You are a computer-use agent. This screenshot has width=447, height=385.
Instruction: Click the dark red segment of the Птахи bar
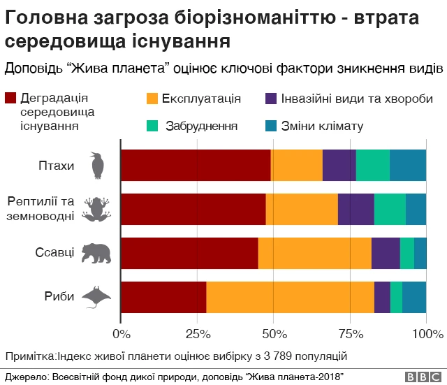[196, 166]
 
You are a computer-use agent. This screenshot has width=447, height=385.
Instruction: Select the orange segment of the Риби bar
[290, 297]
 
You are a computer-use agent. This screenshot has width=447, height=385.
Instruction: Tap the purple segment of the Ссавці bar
[386, 253]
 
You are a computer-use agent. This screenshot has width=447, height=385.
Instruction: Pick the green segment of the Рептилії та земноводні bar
[390, 209]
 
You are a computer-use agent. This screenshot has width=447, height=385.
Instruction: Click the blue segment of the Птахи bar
[408, 166]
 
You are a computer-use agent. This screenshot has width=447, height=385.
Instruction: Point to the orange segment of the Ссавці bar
[314, 253]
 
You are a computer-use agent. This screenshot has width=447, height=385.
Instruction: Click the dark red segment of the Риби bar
[163, 297]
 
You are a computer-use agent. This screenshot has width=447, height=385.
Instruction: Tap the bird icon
[98, 166]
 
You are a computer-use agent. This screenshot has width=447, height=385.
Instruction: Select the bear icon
[96, 253]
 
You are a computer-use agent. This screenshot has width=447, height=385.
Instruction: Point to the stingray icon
[97, 297]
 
